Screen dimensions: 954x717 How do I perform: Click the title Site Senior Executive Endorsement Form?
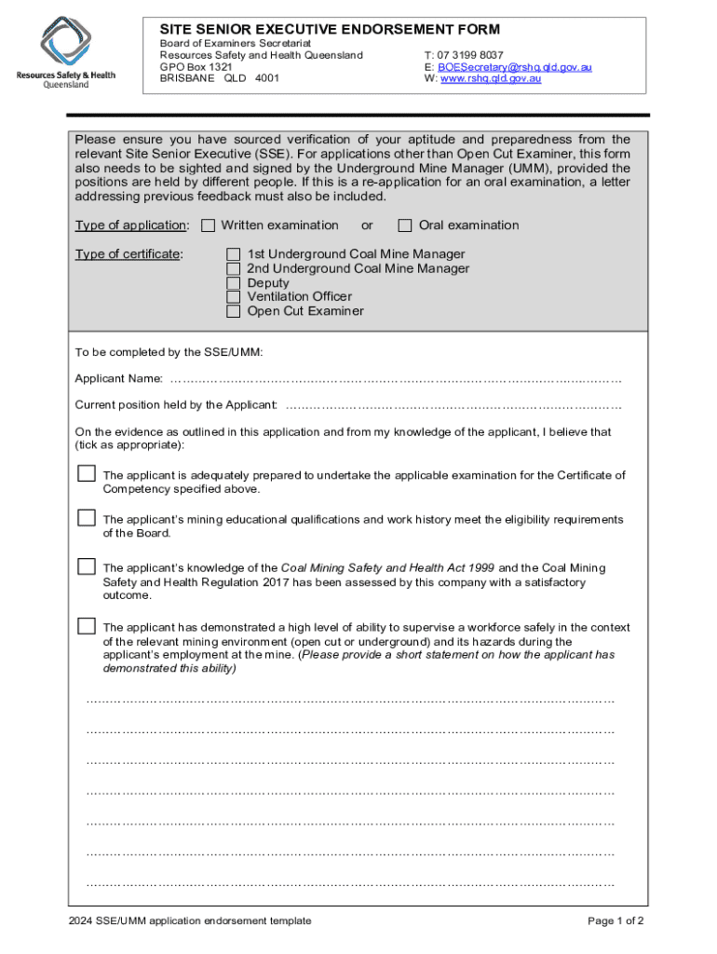(x=330, y=30)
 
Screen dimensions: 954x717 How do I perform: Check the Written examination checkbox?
(x=209, y=225)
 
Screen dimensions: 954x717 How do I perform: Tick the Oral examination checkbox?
(x=405, y=225)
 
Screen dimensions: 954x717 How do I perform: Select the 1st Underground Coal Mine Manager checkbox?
(x=235, y=254)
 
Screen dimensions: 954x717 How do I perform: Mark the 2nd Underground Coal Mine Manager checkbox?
(x=235, y=268)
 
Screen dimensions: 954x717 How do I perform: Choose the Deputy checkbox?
(x=235, y=283)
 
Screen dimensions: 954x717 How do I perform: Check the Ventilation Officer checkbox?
(x=235, y=297)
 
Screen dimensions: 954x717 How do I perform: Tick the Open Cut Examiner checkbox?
(x=235, y=311)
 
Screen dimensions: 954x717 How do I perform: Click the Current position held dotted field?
(x=453, y=405)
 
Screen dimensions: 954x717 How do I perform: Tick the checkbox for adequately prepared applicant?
(x=87, y=474)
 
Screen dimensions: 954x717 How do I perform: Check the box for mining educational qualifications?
(x=87, y=518)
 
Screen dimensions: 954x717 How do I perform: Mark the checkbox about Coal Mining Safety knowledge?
(x=87, y=566)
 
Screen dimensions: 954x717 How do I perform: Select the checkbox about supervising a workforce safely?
(x=87, y=625)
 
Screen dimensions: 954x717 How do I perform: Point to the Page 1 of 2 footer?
(x=616, y=921)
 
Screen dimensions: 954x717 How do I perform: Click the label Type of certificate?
(x=129, y=254)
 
